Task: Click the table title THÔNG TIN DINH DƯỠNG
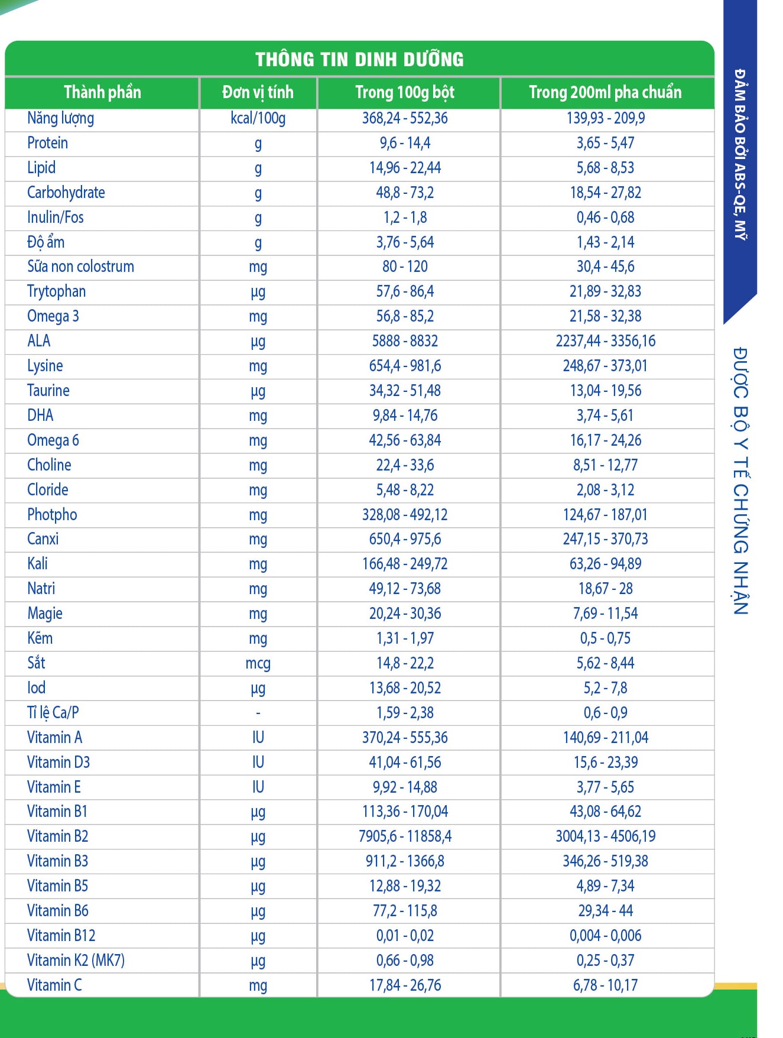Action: (x=359, y=59)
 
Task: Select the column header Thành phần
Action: (x=102, y=92)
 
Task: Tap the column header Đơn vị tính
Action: (x=258, y=92)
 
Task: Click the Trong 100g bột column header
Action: (x=405, y=92)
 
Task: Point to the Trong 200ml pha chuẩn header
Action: (x=605, y=92)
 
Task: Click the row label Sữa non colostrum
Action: (x=80, y=267)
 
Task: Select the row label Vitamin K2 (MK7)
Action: (x=76, y=960)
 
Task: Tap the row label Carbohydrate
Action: (x=66, y=193)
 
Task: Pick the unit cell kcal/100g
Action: (x=258, y=118)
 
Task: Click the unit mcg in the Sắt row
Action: (x=258, y=663)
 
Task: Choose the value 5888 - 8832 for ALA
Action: (x=405, y=341)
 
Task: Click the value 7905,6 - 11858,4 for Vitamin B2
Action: (x=405, y=836)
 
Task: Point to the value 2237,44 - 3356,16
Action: (x=605, y=341)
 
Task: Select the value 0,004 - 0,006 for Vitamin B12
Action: (x=605, y=936)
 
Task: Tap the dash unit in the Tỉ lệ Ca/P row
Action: (x=258, y=713)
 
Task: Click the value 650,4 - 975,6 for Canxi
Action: (x=405, y=539)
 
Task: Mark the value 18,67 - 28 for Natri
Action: (x=605, y=589)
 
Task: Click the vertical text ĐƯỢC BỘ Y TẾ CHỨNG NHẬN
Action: (x=740, y=481)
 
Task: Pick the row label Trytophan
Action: (x=56, y=291)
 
